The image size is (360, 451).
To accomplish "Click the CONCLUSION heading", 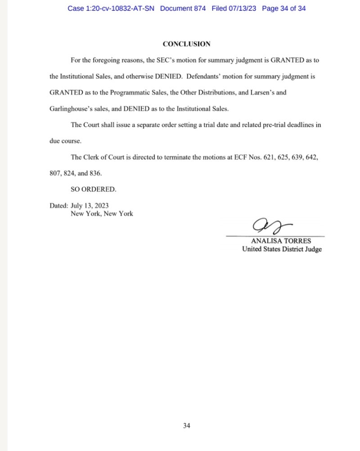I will [186, 44].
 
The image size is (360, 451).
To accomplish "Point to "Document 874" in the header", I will [183, 8].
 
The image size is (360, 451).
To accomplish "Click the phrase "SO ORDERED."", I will [90, 189].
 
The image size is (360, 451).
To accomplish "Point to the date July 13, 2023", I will [89, 206].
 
